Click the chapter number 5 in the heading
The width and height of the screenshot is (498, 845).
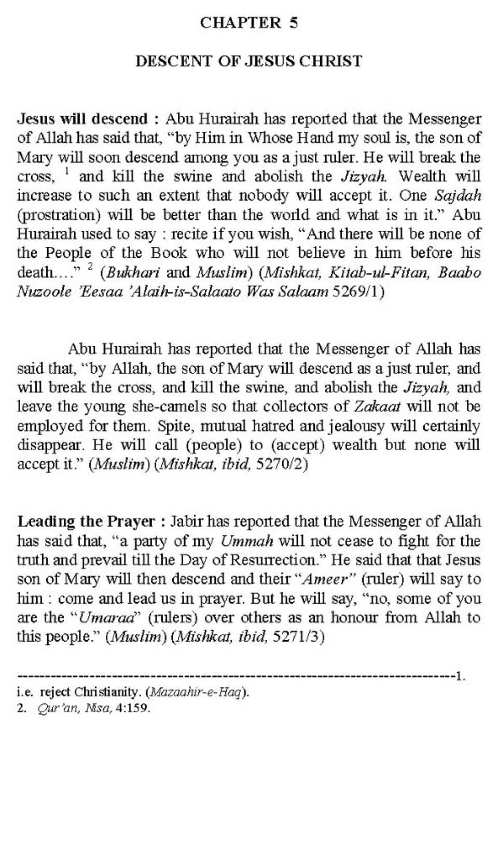294,23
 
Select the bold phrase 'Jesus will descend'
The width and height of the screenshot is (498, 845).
82,119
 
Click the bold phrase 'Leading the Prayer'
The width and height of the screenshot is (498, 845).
86,521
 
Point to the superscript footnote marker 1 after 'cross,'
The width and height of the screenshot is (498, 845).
66,171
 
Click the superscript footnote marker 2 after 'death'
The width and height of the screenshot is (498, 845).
90,267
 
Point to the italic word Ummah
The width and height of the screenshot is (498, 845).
246,541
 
